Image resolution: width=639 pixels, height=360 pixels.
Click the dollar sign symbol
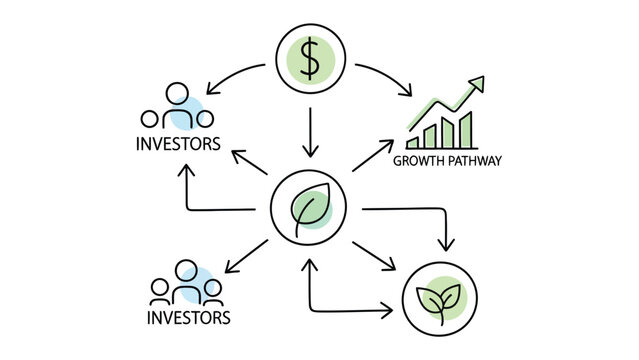310,59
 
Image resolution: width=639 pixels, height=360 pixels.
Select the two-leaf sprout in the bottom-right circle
440,296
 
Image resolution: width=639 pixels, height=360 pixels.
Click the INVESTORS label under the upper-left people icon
177,143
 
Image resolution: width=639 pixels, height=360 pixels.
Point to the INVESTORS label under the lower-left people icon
189,318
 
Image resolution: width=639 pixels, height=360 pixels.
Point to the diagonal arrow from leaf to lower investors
244,255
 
